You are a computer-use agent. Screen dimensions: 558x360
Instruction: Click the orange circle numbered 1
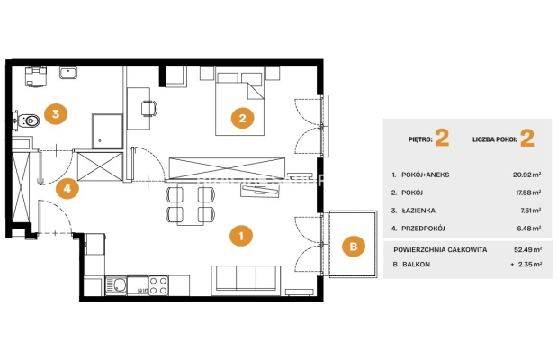click(241, 236)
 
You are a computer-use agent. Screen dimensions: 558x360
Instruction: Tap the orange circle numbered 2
click(242, 118)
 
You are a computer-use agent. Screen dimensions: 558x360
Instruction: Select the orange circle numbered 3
click(56, 113)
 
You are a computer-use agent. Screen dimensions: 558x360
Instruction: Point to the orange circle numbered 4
click(67, 188)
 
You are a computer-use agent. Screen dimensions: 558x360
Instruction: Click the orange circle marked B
click(354, 247)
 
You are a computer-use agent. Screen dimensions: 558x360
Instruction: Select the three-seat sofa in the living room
click(246, 280)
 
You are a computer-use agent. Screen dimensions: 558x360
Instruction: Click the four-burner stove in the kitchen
click(158, 285)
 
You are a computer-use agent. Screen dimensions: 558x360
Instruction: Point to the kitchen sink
click(116, 285)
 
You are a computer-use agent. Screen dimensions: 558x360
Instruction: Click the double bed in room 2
click(240, 101)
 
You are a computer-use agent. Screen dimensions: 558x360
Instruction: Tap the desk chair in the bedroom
click(148, 108)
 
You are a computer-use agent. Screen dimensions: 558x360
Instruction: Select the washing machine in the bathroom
click(36, 76)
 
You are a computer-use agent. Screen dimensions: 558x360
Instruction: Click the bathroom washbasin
click(68, 73)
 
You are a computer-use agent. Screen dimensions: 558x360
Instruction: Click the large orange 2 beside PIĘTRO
click(442, 139)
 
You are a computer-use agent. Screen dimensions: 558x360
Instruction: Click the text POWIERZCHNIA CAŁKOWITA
click(440, 249)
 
